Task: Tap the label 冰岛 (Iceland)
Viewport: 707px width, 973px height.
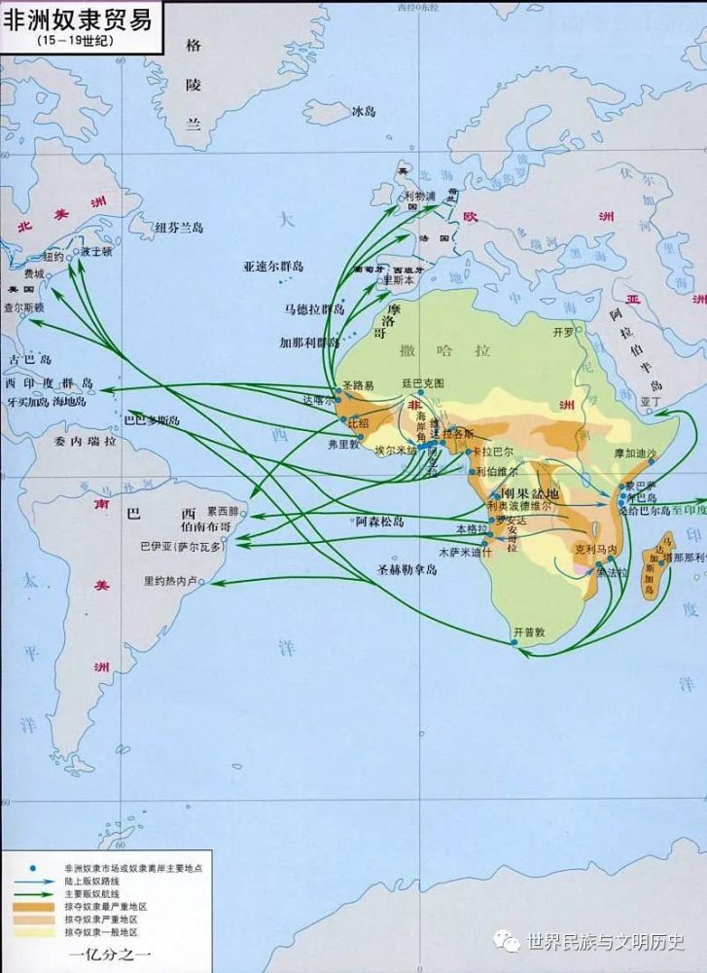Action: click(x=363, y=112)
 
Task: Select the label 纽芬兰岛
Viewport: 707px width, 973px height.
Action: click(x=179, y=228)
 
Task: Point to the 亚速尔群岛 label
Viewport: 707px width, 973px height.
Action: click(x=273, y=266)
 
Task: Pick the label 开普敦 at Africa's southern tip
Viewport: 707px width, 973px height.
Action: click(x=530, y=631)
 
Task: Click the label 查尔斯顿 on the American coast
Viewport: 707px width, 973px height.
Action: click(x=24, y=306)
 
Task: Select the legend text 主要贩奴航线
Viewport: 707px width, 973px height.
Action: click(x=92, y=893)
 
